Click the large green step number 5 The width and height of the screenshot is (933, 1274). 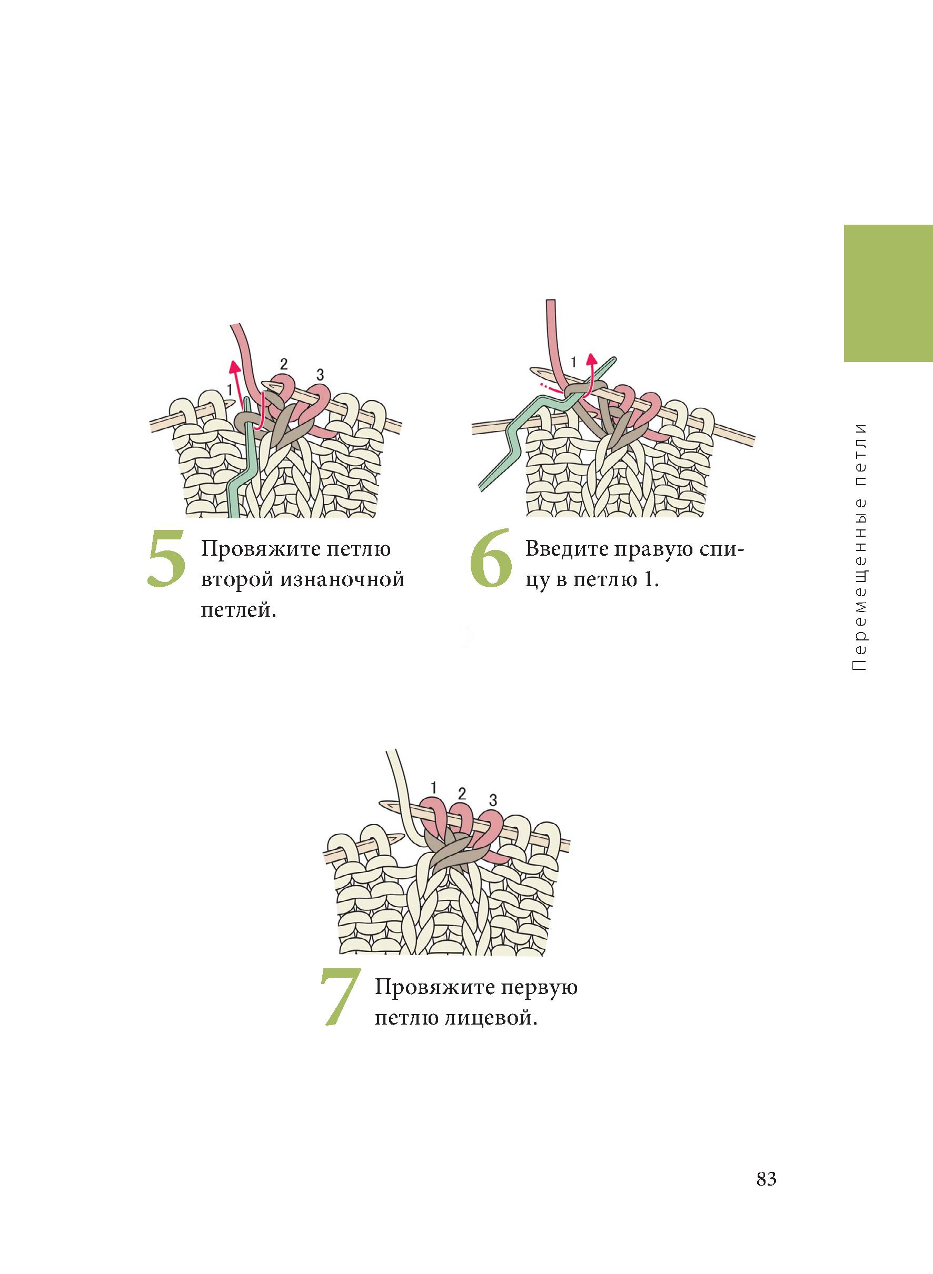pyautogui.click(x=166, y=558)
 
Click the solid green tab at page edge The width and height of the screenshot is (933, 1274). pyautogui.click(x=888, y=294)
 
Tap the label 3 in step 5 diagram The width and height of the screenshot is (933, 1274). pyautogui.click(x=320, y=374)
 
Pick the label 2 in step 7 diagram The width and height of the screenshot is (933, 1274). pyautogui.click(x=462, y=794)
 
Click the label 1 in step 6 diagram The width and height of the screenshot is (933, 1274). pyautogui.click(x=574, y=362)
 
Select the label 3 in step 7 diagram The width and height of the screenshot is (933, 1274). pyautogui.click(x=493, y=799)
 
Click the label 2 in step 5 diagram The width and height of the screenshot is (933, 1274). pyautogui.click(x=283, y=364)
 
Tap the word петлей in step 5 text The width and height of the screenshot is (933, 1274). pyautogui.click(x=238, y=611)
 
